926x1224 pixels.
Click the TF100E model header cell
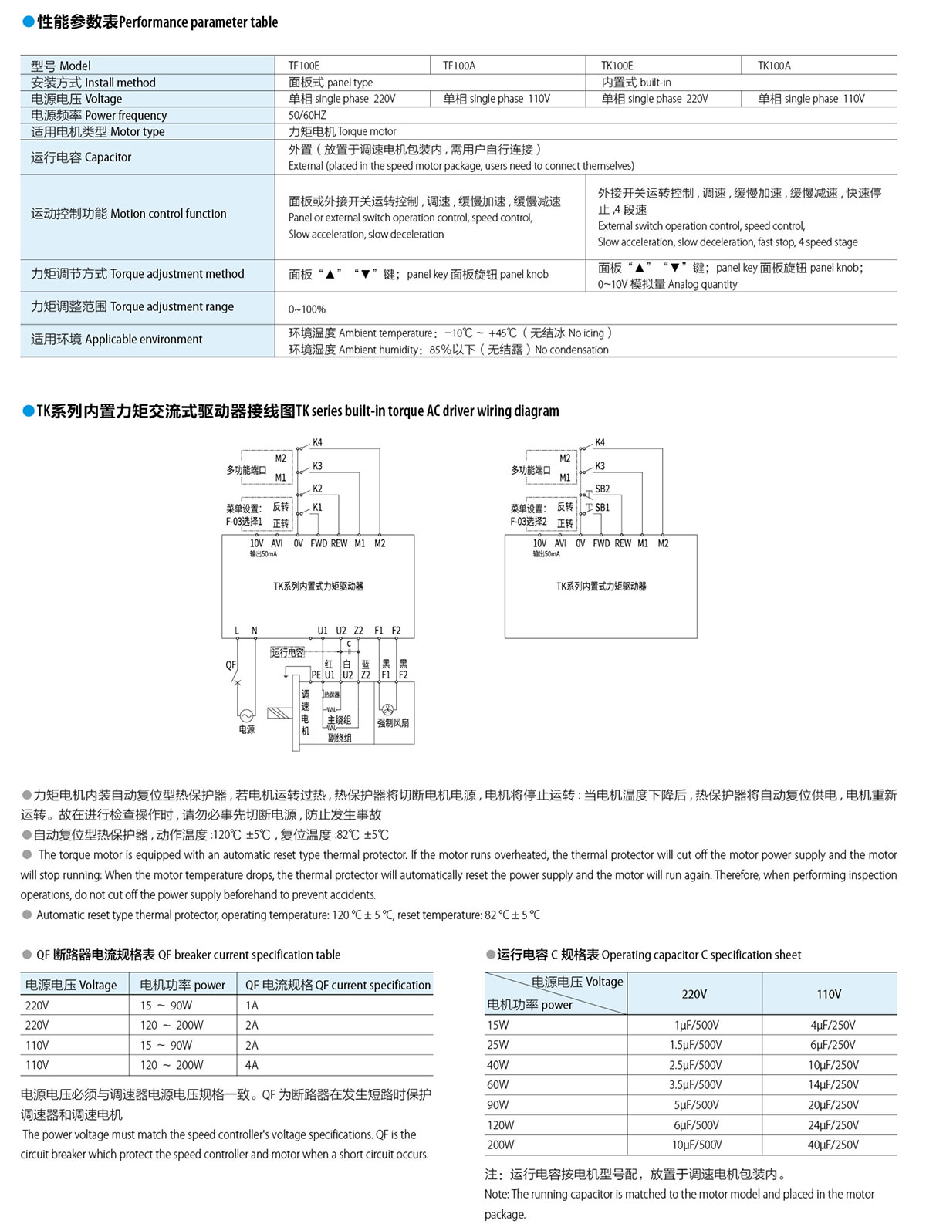303,66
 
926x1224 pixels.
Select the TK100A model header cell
774,66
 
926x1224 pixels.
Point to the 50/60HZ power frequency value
307,115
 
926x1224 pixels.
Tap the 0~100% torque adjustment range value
307,309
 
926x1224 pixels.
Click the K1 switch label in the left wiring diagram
317,508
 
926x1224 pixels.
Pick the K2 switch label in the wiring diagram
317,489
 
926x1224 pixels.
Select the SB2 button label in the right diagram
603,489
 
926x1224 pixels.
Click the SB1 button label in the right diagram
603,508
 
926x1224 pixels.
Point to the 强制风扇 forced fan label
393,723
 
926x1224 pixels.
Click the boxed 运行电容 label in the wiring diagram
287,653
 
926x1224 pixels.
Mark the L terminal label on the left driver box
237,631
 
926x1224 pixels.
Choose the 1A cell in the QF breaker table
252,1006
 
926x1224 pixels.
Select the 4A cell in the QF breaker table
252,1065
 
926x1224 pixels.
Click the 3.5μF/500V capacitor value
696,1084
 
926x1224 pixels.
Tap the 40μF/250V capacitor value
833,1145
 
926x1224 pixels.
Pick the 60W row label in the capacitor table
498,1084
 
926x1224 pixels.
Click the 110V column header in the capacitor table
829,994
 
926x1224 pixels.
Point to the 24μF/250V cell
833,1125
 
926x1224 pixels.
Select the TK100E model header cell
617,66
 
